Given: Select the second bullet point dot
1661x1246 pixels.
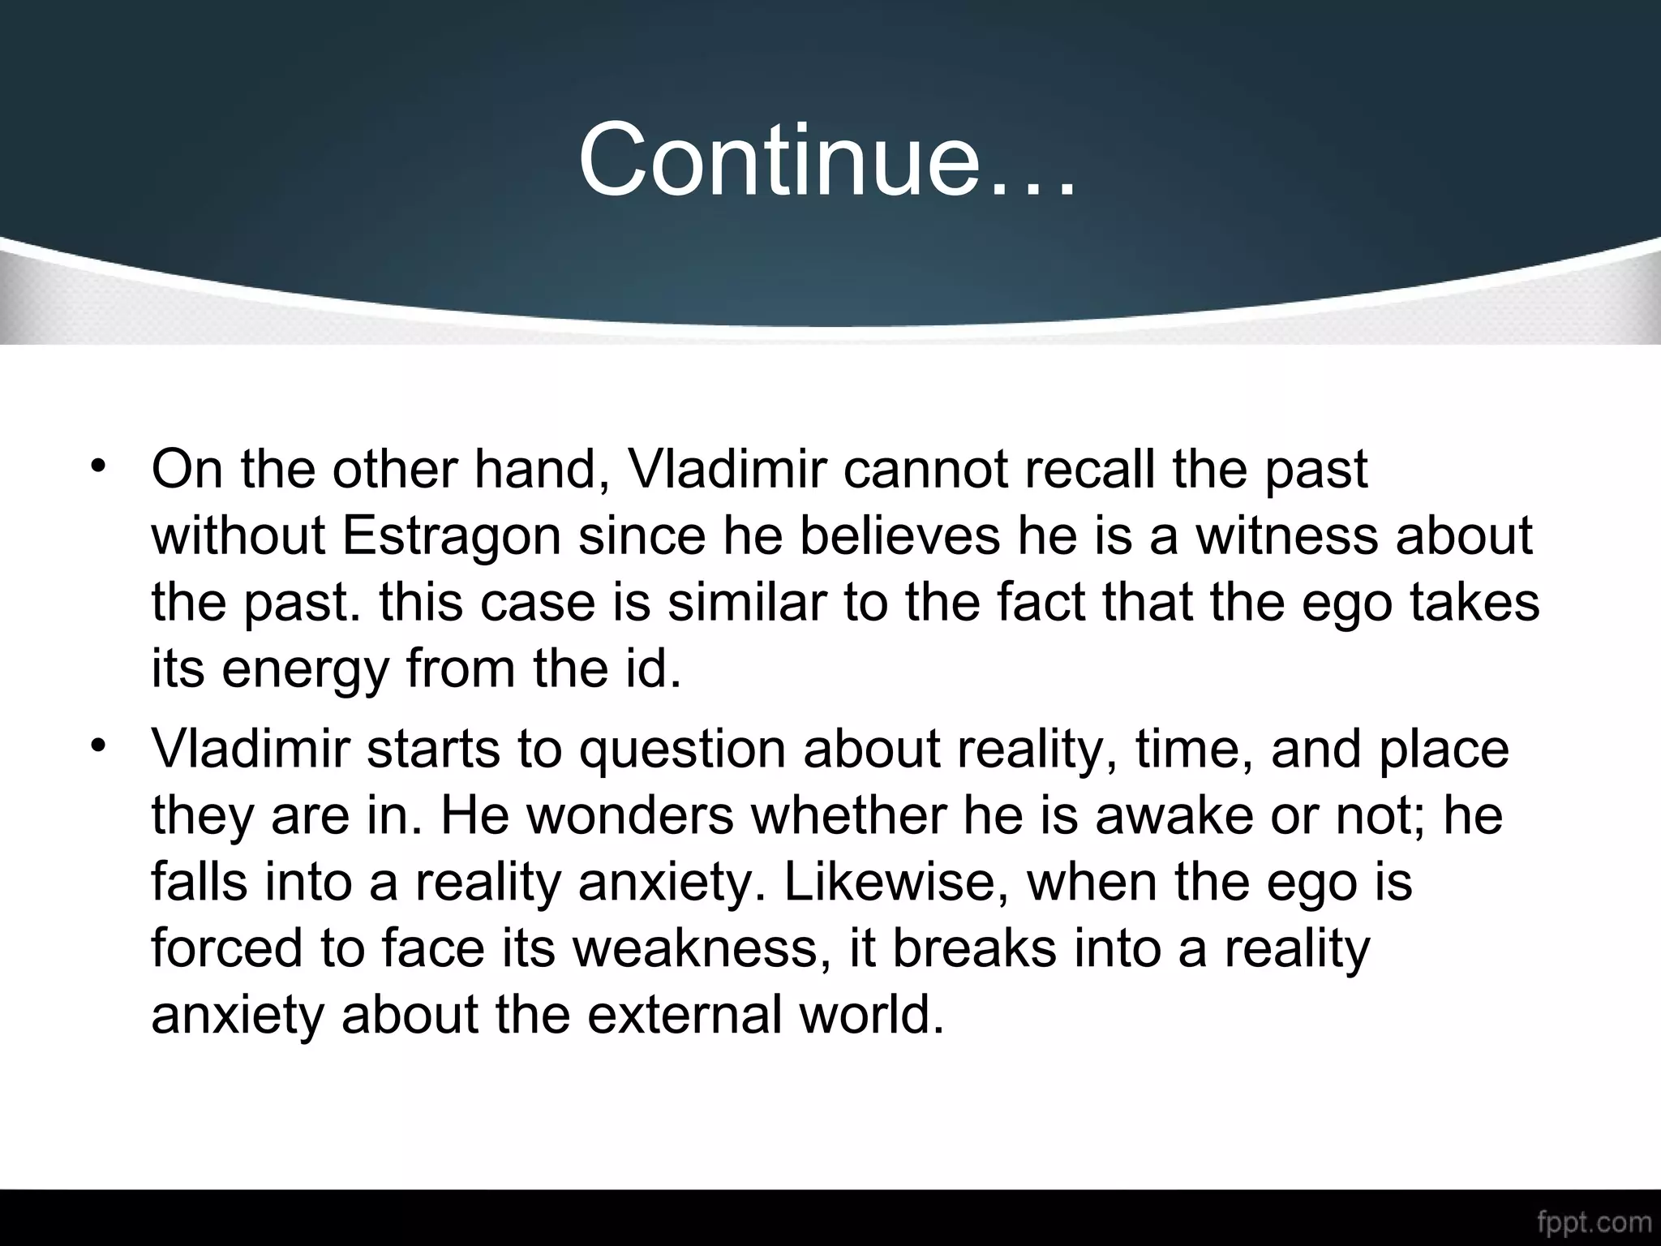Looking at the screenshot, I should pos(98,745).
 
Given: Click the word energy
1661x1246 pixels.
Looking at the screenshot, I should pos(305,670).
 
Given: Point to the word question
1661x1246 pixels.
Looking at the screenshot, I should pos(682,750).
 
